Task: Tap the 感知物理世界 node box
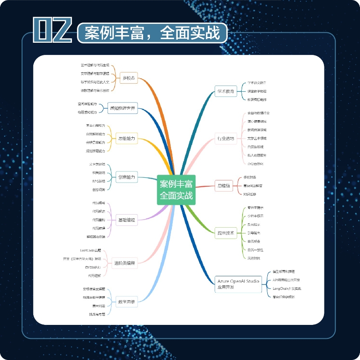pos(123,108)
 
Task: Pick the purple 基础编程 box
pos(126,220)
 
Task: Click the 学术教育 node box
pos(225,91)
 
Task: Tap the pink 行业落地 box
pos(225,139)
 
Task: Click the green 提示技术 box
pos(225,233)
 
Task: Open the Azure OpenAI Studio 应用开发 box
pos(238,283)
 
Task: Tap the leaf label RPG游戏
pos(99,181)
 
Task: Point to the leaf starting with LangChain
pos(287,288)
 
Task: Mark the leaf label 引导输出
pos(254,233)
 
